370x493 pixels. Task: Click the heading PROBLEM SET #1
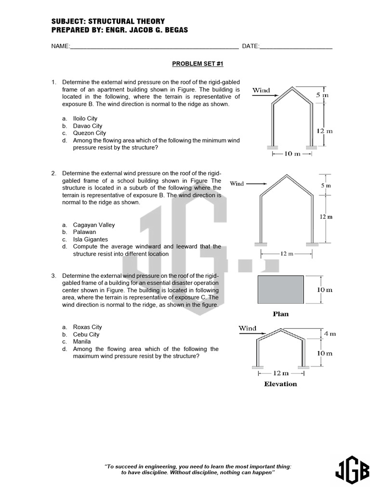click(198, 64)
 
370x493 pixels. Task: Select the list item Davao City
click(88, 126)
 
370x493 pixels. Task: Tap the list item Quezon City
click(89, 133)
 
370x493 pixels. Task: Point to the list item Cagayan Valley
click(93, 225)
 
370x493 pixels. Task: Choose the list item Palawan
click(84, 232)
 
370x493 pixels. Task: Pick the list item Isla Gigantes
click(90, 239)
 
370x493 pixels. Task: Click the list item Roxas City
click(87, 327)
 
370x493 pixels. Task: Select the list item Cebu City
click(86, 335)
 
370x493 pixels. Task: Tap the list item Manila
click(81, 342)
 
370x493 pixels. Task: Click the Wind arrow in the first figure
click(262, 95)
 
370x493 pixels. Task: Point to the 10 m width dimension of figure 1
click(292, 154)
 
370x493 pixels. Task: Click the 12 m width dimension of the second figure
click(287, 254)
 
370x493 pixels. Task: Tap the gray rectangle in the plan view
click(281, 289)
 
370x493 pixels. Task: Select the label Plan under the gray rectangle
click(281, 314)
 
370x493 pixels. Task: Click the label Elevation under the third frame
click(280, 384)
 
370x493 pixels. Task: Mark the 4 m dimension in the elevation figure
click(330, 333)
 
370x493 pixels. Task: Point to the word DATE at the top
click(250, 46)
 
